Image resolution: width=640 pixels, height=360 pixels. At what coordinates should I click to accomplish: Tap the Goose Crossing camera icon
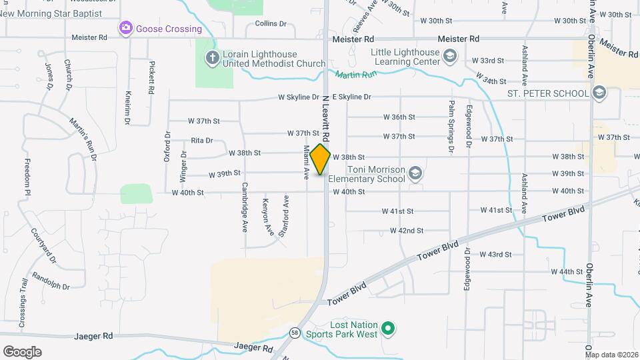[125, 29]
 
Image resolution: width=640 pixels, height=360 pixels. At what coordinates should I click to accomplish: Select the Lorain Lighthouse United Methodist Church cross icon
[213, 58]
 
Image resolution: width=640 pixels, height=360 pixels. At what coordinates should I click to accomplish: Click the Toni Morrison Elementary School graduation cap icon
[416, 174]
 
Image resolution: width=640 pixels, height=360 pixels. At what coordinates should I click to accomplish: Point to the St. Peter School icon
[599, 93]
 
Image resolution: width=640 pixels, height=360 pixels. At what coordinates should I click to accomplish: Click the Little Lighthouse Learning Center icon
[450, 57]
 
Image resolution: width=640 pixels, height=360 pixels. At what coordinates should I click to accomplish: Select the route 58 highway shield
[295, 332]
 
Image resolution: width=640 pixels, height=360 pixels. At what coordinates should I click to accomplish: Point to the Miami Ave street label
[307, 162]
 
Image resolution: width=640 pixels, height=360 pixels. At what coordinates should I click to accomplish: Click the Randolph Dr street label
[51, 282]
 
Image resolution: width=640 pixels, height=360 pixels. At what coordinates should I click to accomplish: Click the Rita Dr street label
[201, 141]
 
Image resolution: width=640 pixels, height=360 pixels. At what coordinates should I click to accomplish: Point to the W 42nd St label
[407, 231]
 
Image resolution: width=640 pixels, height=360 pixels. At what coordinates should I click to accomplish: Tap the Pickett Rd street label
[152, 77]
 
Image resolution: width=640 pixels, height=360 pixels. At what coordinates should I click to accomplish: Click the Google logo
[22, 351]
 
